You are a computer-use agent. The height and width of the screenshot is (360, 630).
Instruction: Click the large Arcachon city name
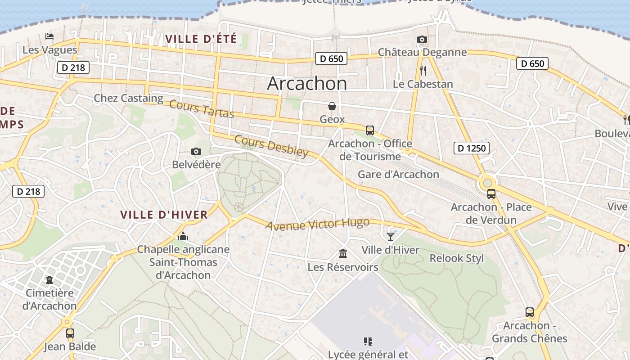(307, 84)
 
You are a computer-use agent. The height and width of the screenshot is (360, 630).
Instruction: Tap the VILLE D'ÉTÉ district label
(201, 39)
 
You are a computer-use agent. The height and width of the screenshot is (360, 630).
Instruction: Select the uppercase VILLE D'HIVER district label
(164, 215)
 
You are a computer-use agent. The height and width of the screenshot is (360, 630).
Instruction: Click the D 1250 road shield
(471, 148)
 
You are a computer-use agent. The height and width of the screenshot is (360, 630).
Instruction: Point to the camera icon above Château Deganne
(422, 40)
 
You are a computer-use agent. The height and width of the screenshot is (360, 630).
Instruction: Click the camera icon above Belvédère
(196, 152)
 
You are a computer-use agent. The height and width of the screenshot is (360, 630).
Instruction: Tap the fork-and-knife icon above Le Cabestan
(423, 71)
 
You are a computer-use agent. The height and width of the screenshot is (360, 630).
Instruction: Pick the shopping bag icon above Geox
(332, 106)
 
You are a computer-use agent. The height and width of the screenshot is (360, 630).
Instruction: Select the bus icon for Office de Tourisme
(370, 130)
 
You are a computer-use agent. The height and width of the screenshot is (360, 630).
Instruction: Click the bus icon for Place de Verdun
(491, 194)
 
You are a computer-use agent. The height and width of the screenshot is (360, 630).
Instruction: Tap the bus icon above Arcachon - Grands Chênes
(530, 312)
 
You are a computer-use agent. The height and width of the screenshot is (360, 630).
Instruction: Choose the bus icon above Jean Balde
(70, 333)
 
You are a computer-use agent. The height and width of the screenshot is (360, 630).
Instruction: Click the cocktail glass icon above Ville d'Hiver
(390, 236)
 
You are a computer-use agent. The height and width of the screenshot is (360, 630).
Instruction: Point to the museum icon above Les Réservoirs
(343, 254)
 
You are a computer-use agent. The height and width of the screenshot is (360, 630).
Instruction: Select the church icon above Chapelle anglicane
(183, 236)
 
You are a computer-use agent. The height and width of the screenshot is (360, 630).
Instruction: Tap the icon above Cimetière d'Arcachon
(49, 280)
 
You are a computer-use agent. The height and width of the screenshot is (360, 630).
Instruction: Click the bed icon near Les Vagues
(49, 36)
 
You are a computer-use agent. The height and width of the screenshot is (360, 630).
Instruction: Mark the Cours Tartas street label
(202, 109)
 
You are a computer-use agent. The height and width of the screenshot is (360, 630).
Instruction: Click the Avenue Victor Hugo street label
(317, 224)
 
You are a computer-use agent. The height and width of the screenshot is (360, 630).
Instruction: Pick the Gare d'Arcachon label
(398, 174)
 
